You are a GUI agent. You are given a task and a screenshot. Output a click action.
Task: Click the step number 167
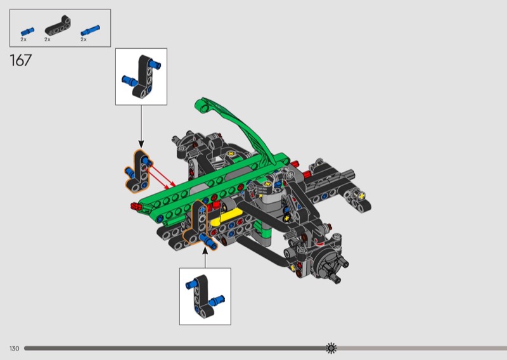click(21, 60)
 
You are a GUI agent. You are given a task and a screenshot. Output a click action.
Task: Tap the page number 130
click(14, 349)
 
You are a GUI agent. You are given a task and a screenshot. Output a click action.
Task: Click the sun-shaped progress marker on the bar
click(331, 348)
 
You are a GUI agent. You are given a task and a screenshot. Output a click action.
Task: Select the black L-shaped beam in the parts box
click(58, 26)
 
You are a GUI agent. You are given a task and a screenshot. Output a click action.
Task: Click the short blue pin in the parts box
click(27, 32)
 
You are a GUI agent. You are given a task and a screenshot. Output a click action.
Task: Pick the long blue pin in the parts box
click(90, 30)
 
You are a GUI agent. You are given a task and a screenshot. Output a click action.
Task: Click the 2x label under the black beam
click(48, 39)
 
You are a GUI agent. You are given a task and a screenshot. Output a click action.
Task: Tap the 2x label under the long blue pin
click(84, 39)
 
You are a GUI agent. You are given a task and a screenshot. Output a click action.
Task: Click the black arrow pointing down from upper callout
click(141, 127)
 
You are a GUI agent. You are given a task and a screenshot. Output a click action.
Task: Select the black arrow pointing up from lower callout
click(205, 257)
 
